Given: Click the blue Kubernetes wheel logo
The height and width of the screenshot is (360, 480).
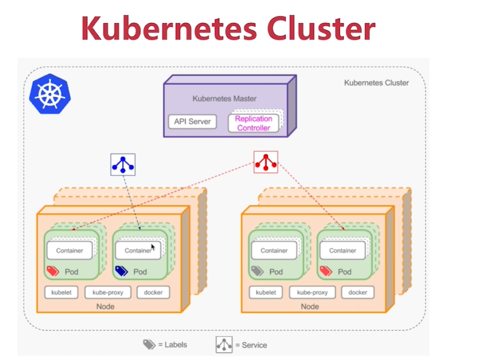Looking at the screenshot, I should coord(50,94).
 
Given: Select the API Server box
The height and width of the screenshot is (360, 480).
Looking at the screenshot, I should coord(192,122).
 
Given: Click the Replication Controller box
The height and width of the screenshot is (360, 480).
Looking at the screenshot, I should coord(253,123).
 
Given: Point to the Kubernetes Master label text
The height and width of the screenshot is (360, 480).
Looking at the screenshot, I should coord(225,99).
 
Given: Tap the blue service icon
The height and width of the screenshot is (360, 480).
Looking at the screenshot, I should coord(123,164).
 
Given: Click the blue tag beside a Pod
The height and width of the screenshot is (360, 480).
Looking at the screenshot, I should coord(121,271).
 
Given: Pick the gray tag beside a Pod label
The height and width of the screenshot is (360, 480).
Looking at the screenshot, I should coord(257,271).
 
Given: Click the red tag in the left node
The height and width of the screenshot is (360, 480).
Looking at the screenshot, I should coord(53,271).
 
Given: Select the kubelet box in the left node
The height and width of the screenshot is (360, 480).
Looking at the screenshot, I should coord(62,292).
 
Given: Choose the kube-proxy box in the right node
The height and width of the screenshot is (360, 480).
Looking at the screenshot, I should coord(313,292).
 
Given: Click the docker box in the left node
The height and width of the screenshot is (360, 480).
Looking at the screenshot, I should coord(153,292).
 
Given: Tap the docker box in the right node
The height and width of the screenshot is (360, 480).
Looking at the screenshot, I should coord(358,292).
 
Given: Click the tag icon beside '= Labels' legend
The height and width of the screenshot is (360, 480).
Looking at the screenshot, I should coord(149,345).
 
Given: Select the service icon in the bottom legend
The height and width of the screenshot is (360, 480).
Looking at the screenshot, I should coord(224,345).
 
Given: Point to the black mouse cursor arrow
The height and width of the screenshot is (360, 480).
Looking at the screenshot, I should coord(153,247).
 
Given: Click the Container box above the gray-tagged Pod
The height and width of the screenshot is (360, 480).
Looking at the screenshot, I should coord(274,251).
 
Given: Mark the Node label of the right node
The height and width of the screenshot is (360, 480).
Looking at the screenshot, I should coord(310,306).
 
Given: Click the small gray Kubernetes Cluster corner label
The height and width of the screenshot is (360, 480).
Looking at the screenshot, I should coord(376,83).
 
